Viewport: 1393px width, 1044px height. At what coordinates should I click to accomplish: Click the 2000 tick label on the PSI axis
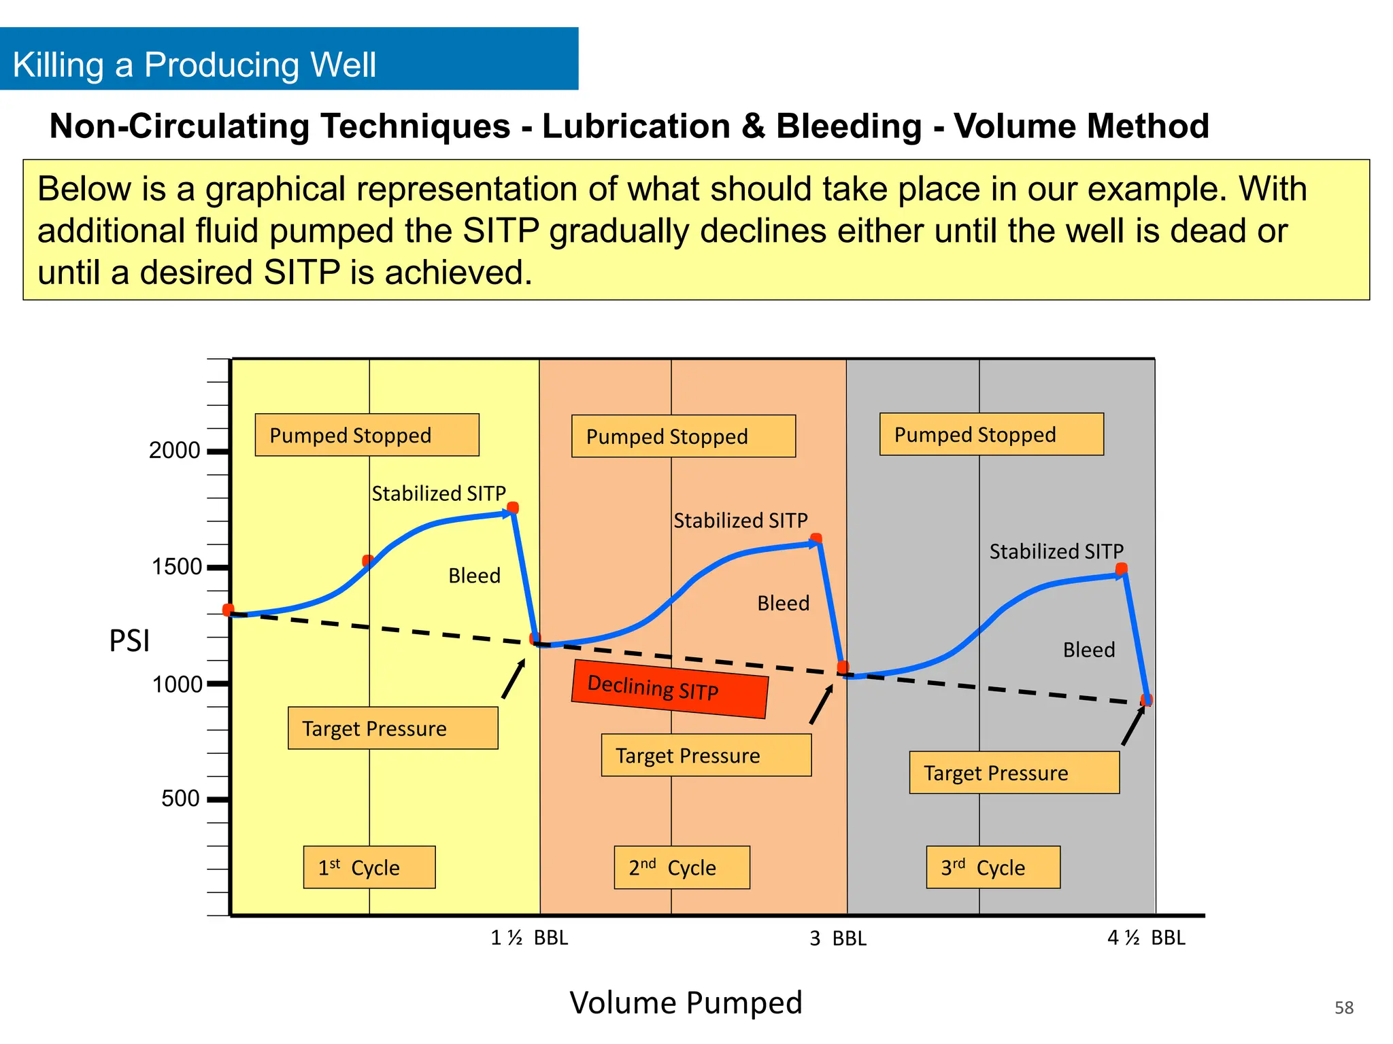point(174,451)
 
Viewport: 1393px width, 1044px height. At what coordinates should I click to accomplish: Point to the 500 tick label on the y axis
point(180,799)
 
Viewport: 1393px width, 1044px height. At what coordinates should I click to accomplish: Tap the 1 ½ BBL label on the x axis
point(529,938)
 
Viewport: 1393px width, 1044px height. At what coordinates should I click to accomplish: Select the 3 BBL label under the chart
point(837,939)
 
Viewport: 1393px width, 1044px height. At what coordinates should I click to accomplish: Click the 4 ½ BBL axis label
point(1146,938)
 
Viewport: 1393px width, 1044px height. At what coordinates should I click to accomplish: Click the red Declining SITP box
point(670,689)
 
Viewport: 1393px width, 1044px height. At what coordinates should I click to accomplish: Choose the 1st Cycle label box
point(369,867)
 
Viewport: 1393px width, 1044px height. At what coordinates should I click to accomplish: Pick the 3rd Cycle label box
point(993,867)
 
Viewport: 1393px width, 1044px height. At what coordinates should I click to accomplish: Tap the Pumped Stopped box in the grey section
point(991,434)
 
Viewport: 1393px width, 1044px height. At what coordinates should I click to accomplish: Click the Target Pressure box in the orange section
point(706,755)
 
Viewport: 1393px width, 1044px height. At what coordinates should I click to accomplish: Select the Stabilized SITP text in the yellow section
point(439,493)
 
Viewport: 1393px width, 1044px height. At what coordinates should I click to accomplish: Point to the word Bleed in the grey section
point(1088,650)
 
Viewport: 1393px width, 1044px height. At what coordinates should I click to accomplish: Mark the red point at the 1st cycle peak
point(514,508)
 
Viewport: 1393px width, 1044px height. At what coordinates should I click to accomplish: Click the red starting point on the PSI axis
point(229,610)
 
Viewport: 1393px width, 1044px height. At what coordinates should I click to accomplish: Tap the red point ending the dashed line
point(1147,700)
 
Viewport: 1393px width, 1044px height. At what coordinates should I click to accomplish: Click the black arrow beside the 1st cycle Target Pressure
point(514,679)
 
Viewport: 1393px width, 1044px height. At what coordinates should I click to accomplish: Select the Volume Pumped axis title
point(686,1003)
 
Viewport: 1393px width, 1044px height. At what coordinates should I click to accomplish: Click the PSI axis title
point(129,641)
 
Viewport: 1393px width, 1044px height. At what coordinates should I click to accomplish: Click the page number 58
point(1343,1007)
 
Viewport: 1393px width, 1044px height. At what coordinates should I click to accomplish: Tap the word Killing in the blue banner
point(58,65)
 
